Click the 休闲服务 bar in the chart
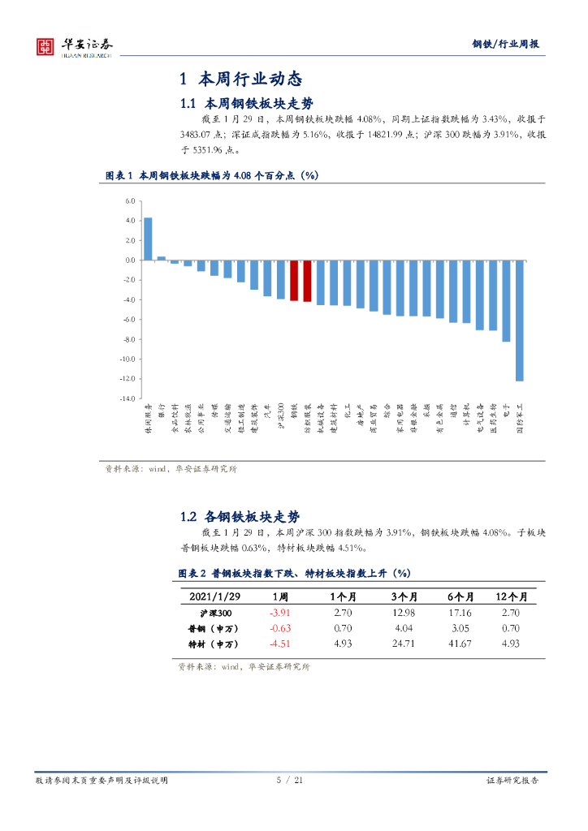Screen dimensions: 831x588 pos(148,239)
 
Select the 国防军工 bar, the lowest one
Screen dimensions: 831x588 pos(519,321)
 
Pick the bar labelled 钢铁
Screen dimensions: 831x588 pos(294,281)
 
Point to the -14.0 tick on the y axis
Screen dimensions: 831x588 pos(128,398)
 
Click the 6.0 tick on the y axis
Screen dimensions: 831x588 pos(129,201)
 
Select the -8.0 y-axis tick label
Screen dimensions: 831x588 pos(128,339)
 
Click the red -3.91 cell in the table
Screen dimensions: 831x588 pos(279,613)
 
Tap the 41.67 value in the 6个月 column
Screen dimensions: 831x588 pos(460,644)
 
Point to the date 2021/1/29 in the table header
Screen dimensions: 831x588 pos(214,596)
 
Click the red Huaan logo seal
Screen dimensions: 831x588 pos(46,46)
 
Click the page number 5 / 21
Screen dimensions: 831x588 pos(290,780)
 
